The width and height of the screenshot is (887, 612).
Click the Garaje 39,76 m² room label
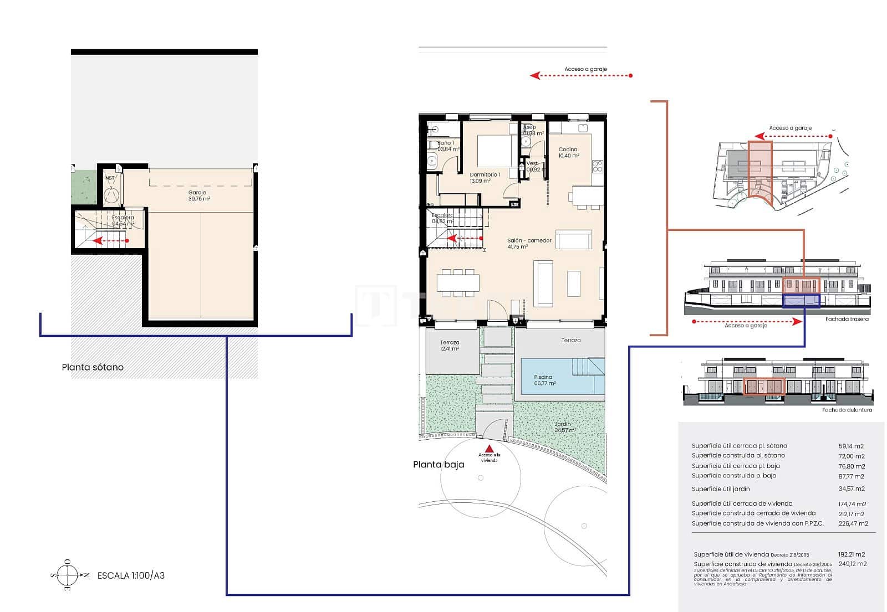197,196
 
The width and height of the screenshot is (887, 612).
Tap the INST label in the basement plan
109,178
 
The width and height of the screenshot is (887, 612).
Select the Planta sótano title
93,367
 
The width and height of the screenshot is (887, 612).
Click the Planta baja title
439,465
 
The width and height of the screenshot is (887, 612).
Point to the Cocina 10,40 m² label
568,152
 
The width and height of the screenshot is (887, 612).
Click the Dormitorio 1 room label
485,177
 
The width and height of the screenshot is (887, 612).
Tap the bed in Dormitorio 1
495,150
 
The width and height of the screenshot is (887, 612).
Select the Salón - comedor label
529,244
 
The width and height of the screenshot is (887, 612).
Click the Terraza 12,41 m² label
450,346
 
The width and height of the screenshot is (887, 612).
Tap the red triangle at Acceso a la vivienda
489,449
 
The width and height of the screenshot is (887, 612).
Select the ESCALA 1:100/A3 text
131,575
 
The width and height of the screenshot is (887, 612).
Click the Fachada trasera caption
847,319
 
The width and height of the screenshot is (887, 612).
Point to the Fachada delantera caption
847,410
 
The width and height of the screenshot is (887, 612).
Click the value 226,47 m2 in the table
853,523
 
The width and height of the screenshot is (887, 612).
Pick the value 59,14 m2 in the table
851,446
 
